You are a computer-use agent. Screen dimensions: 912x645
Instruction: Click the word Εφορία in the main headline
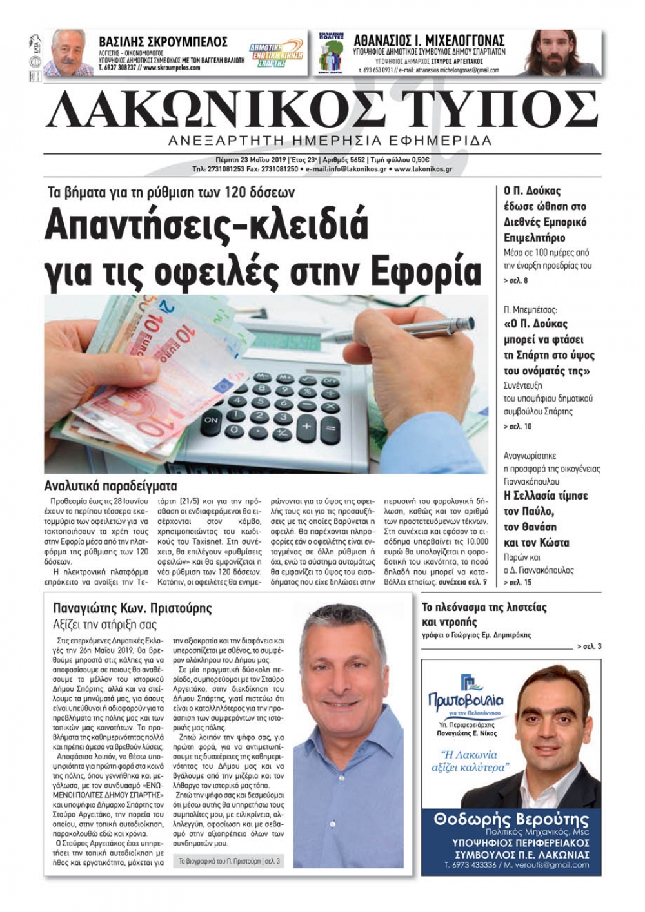[428, 273]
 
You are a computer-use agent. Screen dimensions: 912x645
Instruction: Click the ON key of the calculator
[211, 420]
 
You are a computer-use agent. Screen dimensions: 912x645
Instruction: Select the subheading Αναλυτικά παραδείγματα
[110, 486]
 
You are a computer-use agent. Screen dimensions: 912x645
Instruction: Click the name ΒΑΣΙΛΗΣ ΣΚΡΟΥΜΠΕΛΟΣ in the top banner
[163, 42]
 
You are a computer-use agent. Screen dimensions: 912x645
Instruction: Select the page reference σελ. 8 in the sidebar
[515, 281]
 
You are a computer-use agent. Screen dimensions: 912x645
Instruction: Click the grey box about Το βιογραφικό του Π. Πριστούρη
[229, 860]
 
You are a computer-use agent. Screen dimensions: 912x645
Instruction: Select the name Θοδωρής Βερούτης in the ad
[511, 820]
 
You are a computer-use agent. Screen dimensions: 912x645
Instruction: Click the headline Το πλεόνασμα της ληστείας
[484, 607]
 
